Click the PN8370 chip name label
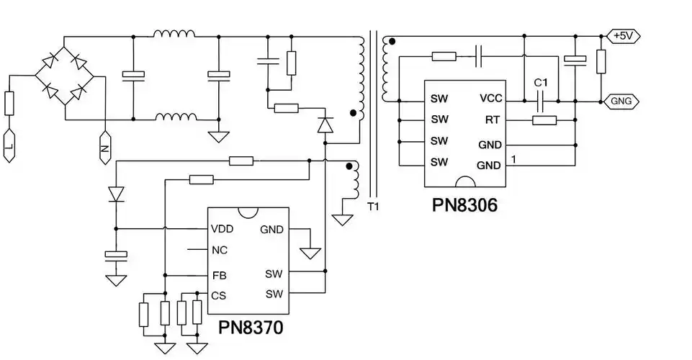point(251,328)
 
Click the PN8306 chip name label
point(464,204)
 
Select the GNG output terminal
point(621,102)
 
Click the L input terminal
point(9,148)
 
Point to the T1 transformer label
point(372,207)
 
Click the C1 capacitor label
point(542,83)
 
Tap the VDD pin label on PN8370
point(222,230)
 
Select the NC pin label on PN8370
point(220,251)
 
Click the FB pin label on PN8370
point(219,275)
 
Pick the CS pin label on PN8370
point(219,295)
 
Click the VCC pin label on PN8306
point(490,99)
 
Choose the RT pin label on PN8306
point(494,120)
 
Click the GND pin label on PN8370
point(271,230)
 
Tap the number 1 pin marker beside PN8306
point(513,158)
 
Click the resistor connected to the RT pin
point(544,120)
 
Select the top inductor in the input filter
point(174,34)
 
